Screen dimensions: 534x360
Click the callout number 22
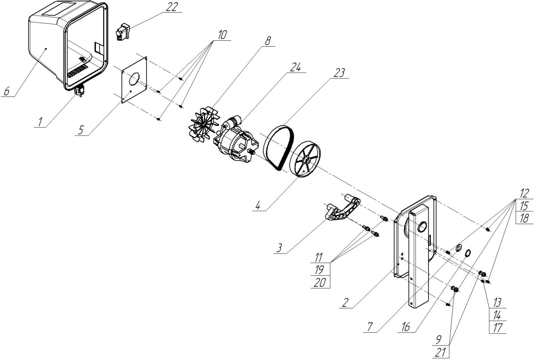point(172,7)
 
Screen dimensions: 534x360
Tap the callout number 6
point(7,91)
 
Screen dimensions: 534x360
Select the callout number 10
point(222,35)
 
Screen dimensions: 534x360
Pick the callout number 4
point(257,206)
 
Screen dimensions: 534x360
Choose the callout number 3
point(279,248)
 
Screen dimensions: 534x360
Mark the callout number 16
point(405,327)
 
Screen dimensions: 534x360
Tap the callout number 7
point(370,326)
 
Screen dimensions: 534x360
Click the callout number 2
point(345,302)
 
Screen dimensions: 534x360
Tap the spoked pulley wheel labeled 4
point(305,160)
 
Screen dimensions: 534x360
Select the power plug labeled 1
point(80,91)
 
